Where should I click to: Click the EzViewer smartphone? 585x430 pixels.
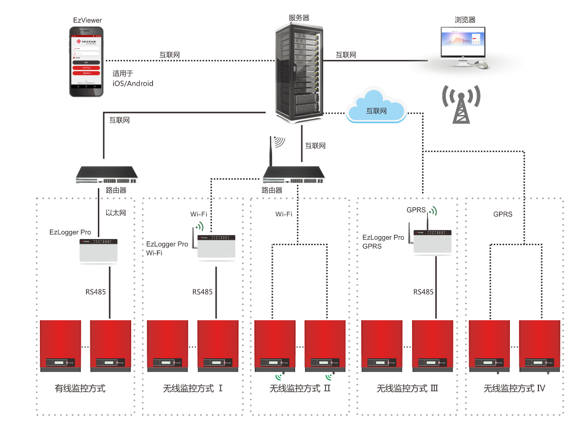pos(86,61)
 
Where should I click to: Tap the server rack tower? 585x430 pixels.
pos(299,71)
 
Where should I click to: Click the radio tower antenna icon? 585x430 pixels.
pos(460,105)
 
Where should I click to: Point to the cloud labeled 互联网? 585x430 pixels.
pos(376,111)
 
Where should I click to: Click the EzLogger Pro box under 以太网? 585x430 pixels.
pos(98,250)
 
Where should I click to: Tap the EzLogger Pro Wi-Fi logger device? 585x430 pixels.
pos(216,246)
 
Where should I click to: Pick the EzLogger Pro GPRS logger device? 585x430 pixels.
pos(432,241)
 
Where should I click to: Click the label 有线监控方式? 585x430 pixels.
pos(80,389)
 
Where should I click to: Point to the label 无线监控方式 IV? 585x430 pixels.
pos(514,389)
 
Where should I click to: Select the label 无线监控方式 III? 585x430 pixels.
pos(407,389)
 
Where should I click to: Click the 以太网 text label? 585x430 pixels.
pos(116,213)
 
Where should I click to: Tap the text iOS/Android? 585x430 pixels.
pos(133,84)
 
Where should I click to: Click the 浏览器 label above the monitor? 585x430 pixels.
pos(465,20)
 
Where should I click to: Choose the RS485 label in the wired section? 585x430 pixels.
pos(96,292)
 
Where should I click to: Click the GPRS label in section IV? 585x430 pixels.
pos(503,214)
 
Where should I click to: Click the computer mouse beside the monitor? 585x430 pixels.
pos(482,64)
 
